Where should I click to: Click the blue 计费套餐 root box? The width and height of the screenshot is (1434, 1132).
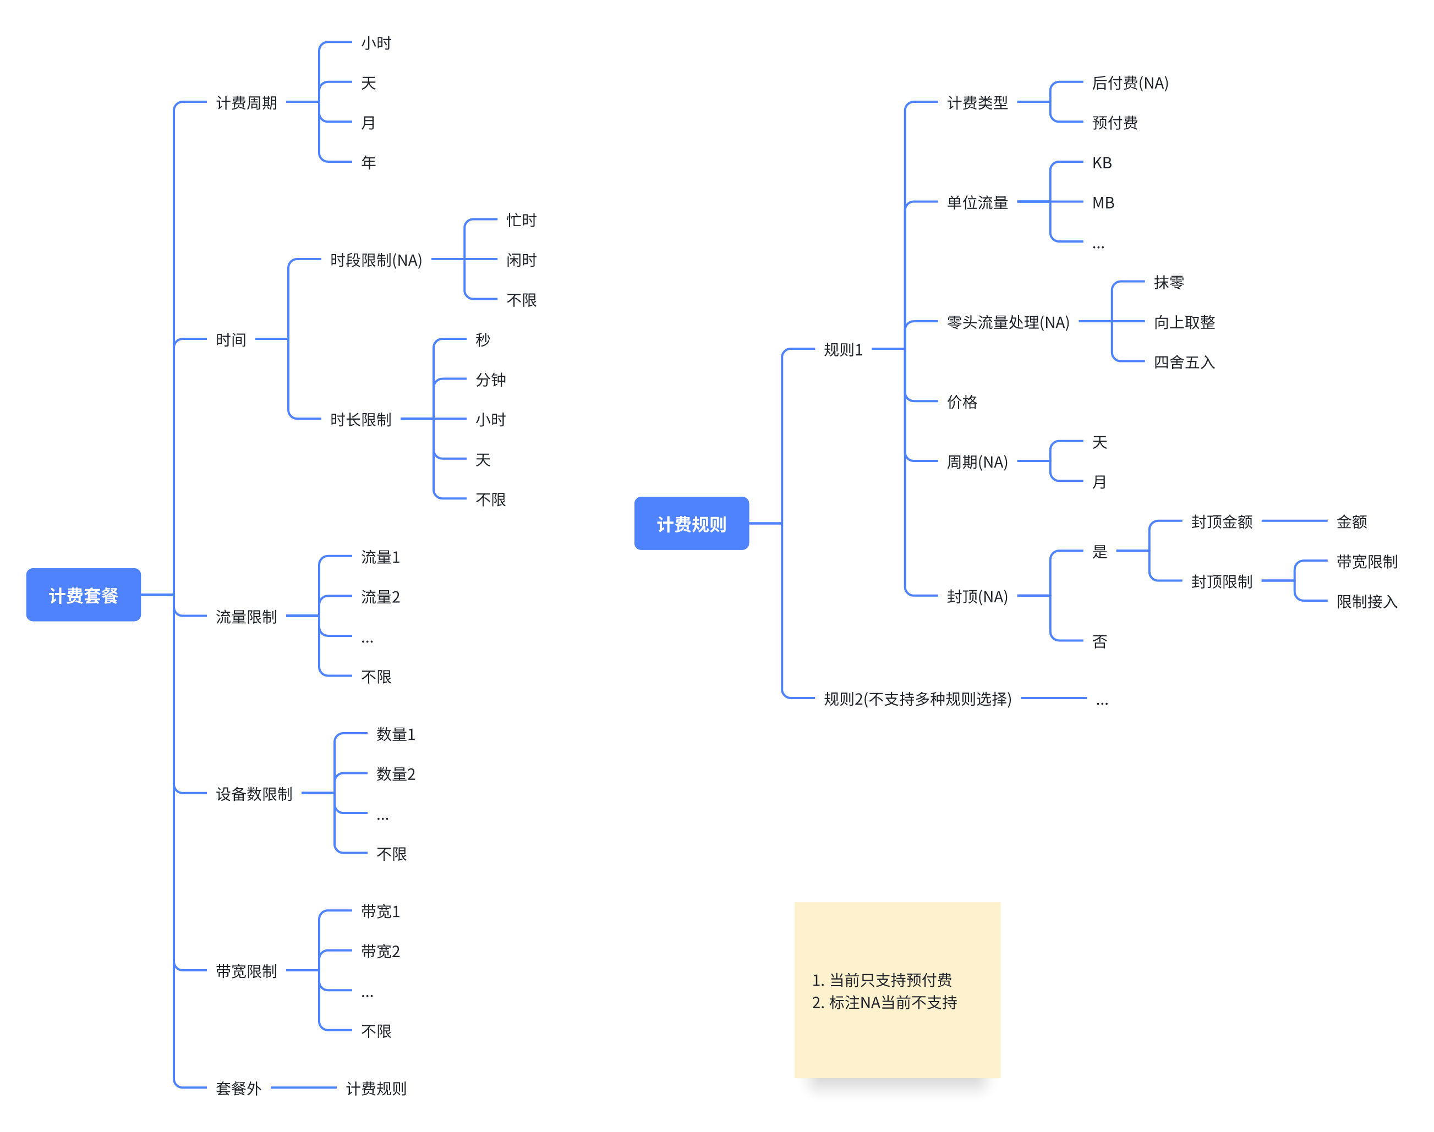tap(84, 595)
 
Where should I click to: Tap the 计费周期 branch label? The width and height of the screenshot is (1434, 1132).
tap(246, 103)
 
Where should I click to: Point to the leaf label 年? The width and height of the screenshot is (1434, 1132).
tap(368, 162)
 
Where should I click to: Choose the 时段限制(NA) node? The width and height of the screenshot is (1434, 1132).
tap(376, 260)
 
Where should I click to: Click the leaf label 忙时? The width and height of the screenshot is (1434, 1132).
tap(521, 220)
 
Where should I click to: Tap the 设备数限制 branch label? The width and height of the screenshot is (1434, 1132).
tap(254, 793)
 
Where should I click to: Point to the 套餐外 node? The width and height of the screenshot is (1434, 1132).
tap(239, 1088)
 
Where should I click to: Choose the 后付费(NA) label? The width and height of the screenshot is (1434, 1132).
tap(1130, 83)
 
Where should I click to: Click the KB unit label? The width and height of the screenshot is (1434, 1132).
tap(1102, 163)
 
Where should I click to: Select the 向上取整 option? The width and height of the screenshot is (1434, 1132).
tap(1184, 322)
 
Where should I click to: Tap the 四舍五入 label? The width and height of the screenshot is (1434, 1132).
tap(1184, 362)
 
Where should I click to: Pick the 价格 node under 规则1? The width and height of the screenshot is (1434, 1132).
tap(962, 402)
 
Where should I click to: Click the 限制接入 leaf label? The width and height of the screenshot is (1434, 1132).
tap(1366, 602)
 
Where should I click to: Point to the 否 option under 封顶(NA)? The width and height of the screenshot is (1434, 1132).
tap(1099, 641)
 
